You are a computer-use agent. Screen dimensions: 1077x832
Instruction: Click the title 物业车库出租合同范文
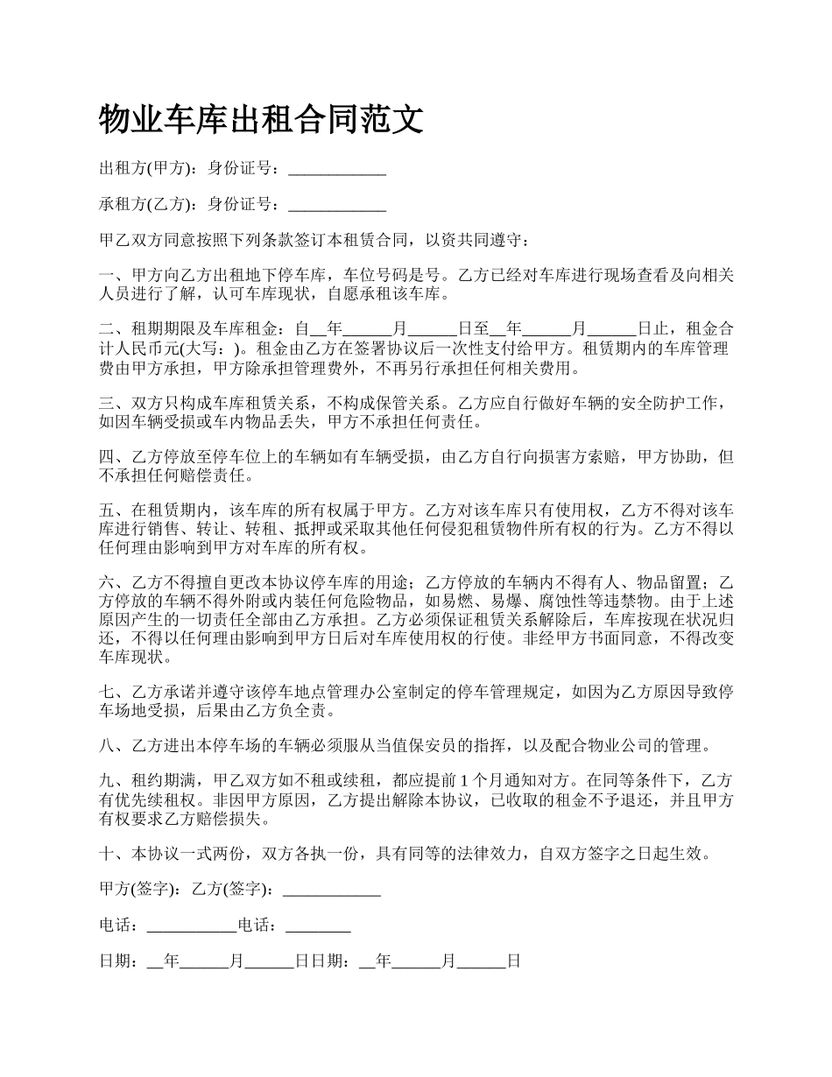pyautogui.click(x=262, y=119)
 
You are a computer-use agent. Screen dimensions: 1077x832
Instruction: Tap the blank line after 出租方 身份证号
pyautogui.click(x=337, y=170)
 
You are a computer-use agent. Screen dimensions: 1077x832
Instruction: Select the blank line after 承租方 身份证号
pyautogui.click(x=337, y=205)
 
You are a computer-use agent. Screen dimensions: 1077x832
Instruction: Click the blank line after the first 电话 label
pyautogui.click(x=191, y=926)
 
